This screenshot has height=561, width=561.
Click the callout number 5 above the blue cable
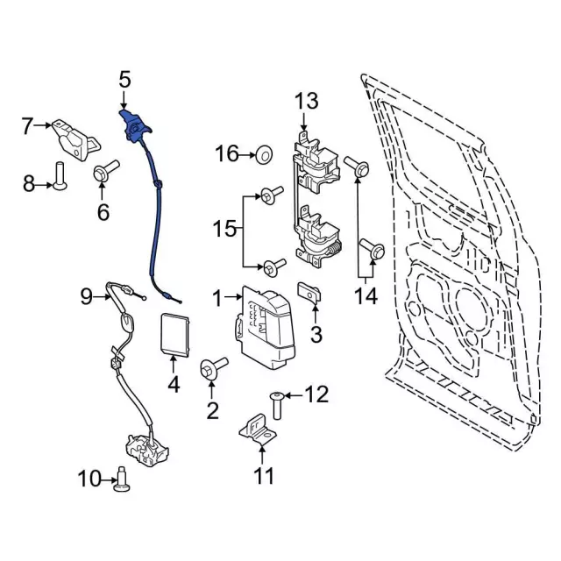tap(124, 82)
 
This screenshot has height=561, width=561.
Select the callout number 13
tap(306, 101)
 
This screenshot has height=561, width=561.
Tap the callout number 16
tap(226, 154)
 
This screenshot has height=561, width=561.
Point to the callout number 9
tap(86, 296)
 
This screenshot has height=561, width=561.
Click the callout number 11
tap(263, 476)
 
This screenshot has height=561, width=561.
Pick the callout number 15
tap(224, 230)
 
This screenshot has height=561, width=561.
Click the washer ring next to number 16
tap(262, 156)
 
